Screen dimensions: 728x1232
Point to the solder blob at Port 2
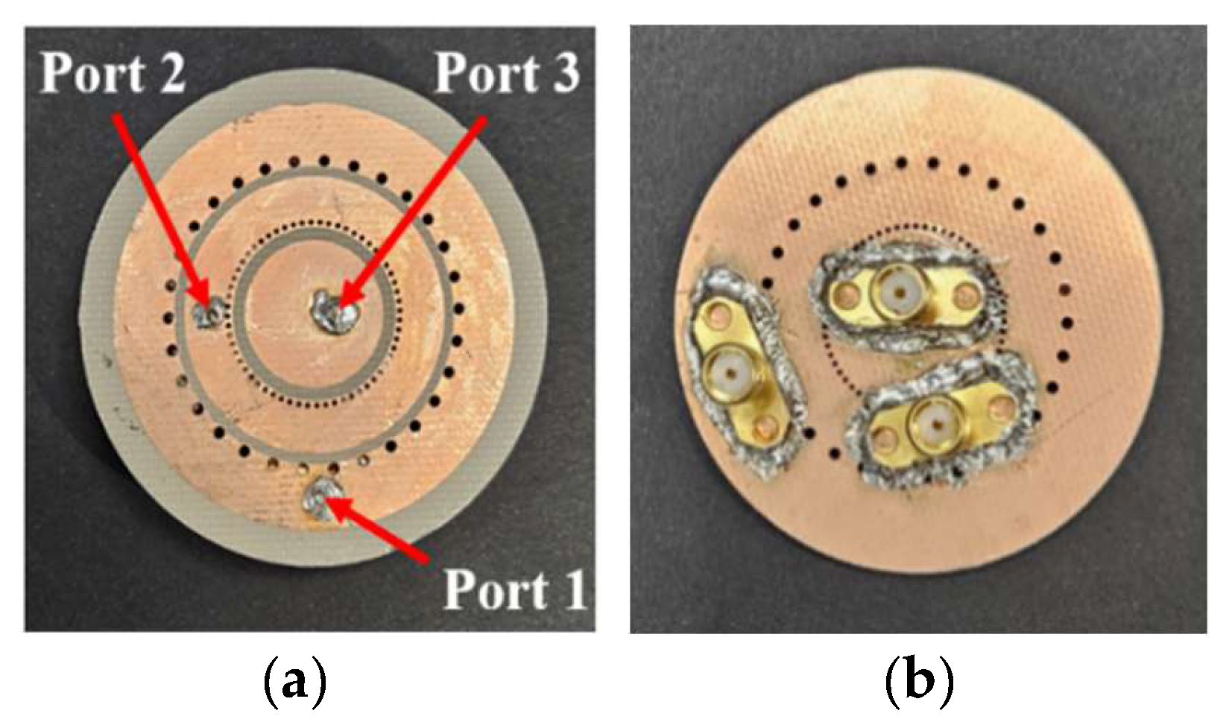(x=206, y=311)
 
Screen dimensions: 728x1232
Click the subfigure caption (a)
(x=296, y=681)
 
